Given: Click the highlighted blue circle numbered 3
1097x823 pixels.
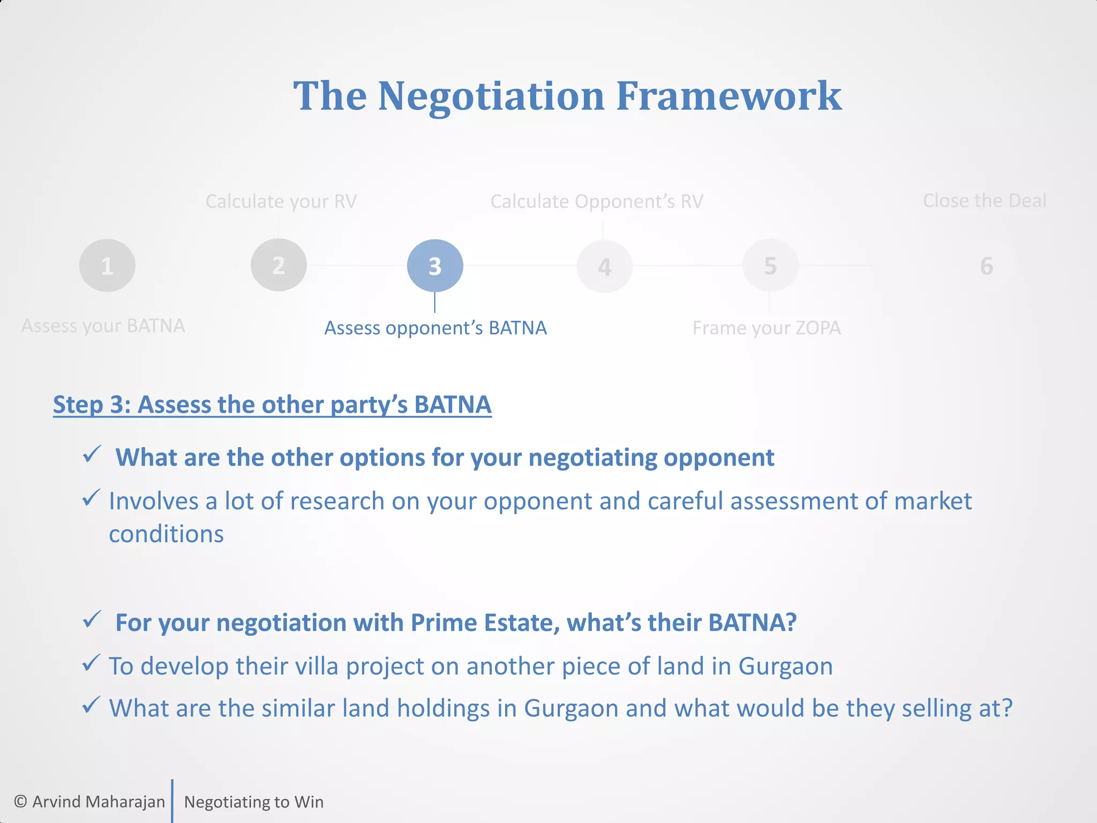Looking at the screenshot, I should pos(435,266).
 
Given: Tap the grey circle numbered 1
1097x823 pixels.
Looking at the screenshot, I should pos(107,266).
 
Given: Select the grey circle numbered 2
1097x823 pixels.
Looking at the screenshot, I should pos(279,265).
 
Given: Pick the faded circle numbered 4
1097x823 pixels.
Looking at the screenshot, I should pos(605,267).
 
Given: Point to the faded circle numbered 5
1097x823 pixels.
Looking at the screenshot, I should pos(770,266).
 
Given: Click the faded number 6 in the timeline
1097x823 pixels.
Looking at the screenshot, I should pos(987,266).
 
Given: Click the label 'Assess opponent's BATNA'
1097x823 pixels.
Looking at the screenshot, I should pos(435,328).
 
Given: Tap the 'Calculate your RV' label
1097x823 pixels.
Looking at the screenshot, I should pos(281,201).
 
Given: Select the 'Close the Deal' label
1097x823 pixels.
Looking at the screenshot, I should pos(985,200).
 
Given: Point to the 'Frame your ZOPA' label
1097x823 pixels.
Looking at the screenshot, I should pos(767,328).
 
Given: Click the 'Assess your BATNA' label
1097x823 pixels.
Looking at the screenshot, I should pos(103,326).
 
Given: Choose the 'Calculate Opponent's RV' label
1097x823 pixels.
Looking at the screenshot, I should pos(597,201).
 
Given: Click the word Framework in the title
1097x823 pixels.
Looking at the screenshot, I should pos(729,96).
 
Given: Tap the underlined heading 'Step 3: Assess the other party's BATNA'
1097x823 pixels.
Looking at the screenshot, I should pos(272,405).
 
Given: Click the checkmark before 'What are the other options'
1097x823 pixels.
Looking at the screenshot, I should pos(92,455).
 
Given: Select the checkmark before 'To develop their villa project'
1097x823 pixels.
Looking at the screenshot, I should pos(91,663).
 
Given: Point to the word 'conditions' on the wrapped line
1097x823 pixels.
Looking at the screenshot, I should pos(166,534).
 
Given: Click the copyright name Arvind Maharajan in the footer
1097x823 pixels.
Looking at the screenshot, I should pos(99,802).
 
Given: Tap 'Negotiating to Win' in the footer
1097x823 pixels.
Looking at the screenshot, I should pos(254,802).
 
